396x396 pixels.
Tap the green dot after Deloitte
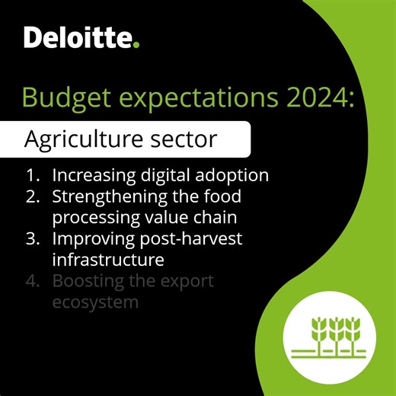[x=137, y=45]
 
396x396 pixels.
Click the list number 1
[x=32, y=175]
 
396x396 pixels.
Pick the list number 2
[x=32, y=196]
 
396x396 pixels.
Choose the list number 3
[x=32, y=239]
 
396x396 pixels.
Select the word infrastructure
[x=108, y=260]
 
